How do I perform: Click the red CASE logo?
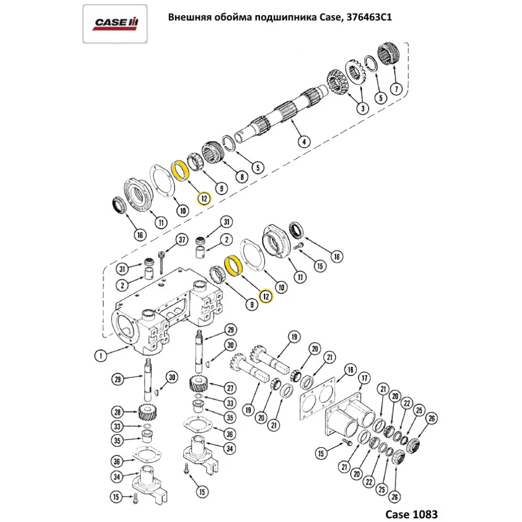pos(115,23)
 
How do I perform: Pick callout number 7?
pos(396,89)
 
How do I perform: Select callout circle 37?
pos(181,240)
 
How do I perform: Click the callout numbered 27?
pos(230,387)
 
